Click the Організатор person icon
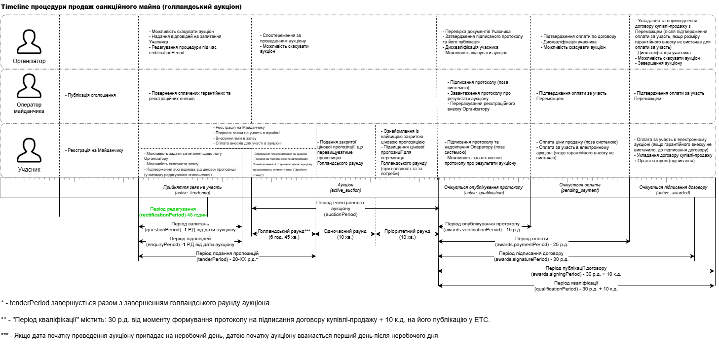[29, 41]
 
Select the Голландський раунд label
[283, 234]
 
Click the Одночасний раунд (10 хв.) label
[345, 234]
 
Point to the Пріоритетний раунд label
[407, 234]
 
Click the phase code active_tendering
[193, 193]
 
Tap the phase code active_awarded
[673, 193]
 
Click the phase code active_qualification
[483, 193]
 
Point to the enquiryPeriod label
[191, 244]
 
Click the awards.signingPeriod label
[576, 274]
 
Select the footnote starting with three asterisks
[219, 336]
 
